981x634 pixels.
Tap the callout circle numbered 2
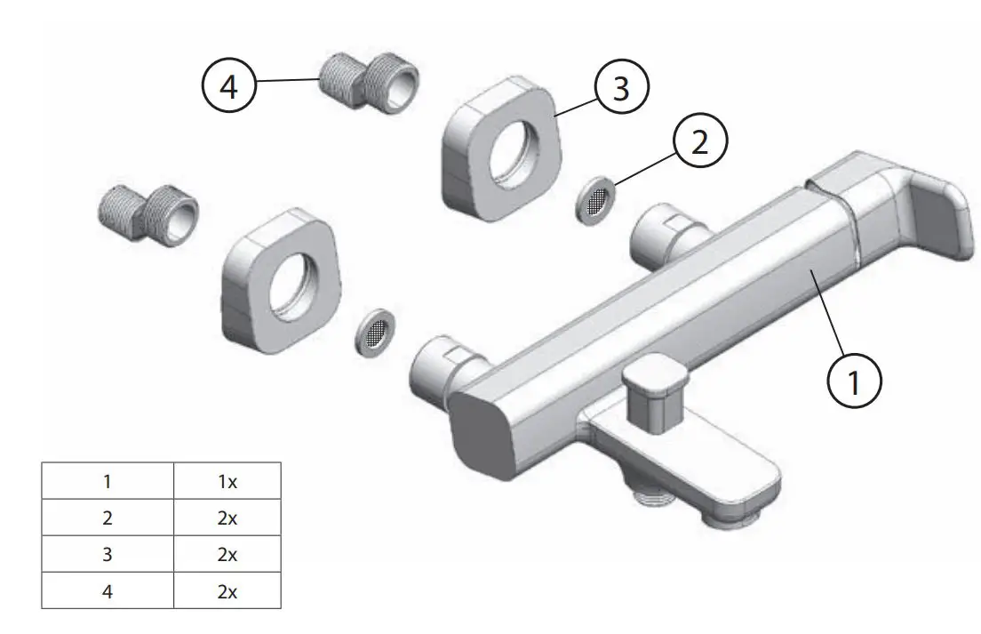point(700,142)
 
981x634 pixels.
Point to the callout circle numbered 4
point(229,90)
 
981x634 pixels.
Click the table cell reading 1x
point(227,481)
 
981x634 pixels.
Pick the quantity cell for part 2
point(227,518)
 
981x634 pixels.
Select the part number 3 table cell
point(108,554)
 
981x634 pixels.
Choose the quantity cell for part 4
point(227,590)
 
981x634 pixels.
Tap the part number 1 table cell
point(108,481)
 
